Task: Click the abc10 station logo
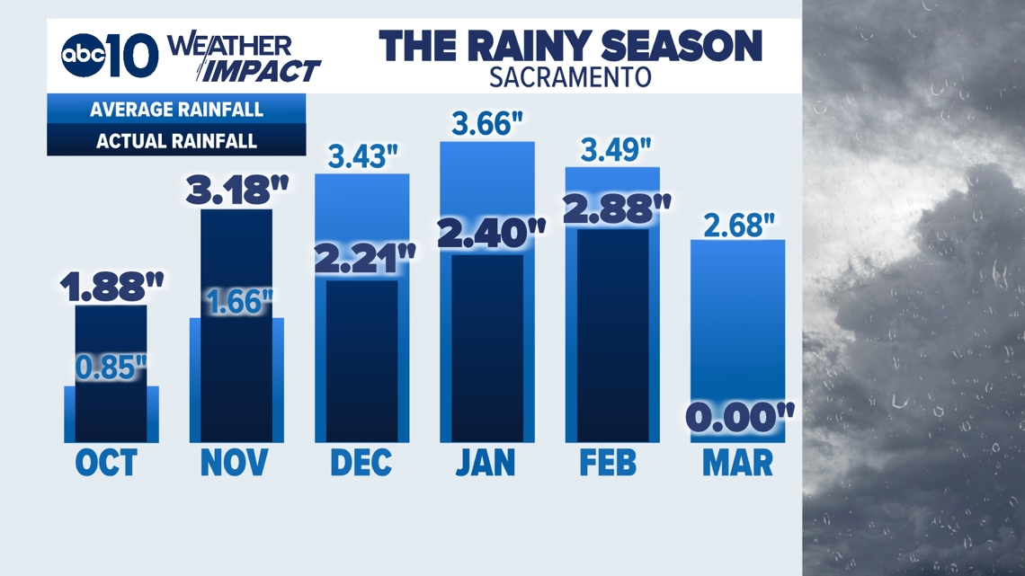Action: click(x=109, y=57)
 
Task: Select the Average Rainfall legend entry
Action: click(x=176, y=111)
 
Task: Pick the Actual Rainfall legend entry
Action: click(x=176, y=141)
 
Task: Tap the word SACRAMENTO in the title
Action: click(x=570, y=76)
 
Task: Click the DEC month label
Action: click(x=361, y=463)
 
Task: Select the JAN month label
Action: click(x=486, y=463)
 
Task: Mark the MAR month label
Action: click(x=737, y=463)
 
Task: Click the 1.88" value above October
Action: click(x=111, y=287)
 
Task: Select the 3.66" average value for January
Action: click(x=487, y=124)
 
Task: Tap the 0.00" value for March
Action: click(x=738, y=418)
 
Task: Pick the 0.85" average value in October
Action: click(x=111, y=368)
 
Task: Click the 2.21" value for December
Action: click(x=362, y=261)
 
